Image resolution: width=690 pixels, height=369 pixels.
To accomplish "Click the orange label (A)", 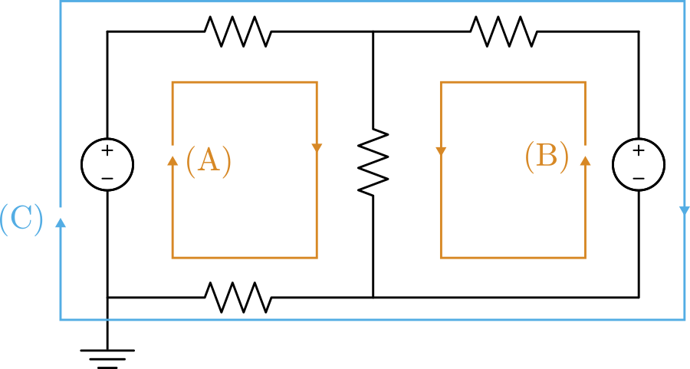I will click(x=209, y=161).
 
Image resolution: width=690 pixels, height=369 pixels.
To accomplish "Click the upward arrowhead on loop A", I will click(x=172, y=160).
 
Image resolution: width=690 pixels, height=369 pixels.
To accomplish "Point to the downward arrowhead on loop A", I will click(x=317, y=148).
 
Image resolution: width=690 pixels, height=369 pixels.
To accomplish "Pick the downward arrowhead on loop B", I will click(x=441, y=151).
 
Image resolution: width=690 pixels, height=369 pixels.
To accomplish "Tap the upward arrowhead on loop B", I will click(x=586, y=160).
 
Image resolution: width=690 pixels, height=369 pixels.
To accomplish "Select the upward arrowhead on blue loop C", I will click(x=61, y=222).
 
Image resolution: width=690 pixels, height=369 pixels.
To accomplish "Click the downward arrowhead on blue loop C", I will click(x=685, y=211).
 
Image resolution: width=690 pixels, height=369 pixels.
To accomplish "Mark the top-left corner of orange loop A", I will click(x=172, y=82).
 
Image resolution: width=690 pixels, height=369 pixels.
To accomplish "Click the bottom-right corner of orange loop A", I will click(x=317, y=257).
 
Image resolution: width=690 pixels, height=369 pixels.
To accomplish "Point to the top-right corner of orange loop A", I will click(x=317, y=82).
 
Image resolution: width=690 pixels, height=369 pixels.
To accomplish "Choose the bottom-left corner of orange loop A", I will click(x=172, y=257).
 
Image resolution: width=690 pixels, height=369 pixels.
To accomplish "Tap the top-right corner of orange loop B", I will click(x=586, y=82).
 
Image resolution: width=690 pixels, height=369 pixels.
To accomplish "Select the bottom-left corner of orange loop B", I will click(x=441, y=257).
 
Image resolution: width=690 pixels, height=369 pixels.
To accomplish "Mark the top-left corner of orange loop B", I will click(x=441, y=82).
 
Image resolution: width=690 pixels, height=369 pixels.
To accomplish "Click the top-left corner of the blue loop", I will click(x=61, y=2).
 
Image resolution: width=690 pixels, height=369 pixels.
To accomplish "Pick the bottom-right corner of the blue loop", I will click(x=685, y=320).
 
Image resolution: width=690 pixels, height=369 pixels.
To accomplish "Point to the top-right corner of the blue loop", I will click(x=685, y=2).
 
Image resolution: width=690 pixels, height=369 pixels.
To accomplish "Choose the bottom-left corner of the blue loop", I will click(x=61, y=320).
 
